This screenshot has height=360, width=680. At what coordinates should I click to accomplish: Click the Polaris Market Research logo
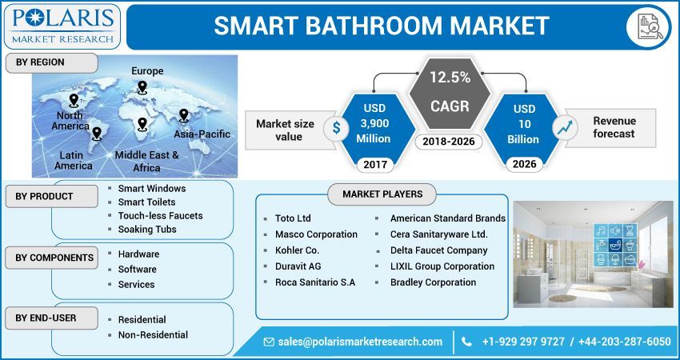coord(62,26)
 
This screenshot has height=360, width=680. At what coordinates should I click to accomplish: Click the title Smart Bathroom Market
coord(381,26)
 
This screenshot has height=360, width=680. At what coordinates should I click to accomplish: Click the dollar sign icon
coord(336,127)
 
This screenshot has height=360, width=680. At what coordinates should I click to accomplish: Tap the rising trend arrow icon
coord(566,127)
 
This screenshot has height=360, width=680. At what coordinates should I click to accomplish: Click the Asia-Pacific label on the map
coord(202,134)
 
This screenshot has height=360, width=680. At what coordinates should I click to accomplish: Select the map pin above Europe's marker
coord(142,87)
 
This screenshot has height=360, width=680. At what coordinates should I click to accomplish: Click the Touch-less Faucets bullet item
coord(160,216)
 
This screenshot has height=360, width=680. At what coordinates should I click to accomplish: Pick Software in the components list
coord(137,270)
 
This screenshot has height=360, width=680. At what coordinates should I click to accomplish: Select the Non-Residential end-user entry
coord(153,334)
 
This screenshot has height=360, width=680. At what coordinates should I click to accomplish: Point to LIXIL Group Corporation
coord(442,266)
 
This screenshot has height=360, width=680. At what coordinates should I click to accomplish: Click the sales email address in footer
coord(360,342)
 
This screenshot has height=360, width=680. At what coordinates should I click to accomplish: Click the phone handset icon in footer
coord(467,342)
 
